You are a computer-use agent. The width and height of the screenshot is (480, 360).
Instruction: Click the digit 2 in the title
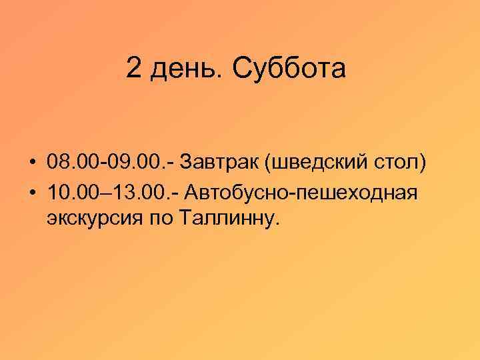(133, 69)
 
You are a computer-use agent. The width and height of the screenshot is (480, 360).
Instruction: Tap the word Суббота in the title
(289, 69)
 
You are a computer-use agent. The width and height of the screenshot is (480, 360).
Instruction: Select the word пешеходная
(357, 193)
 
